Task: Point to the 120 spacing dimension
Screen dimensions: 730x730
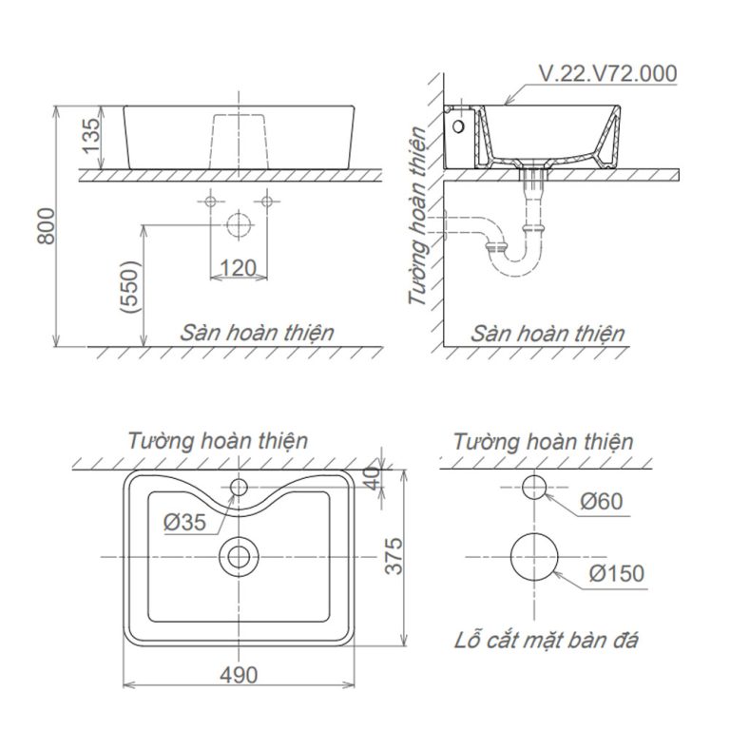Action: click(239, 269)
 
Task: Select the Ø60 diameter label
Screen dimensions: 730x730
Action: click(599, 500)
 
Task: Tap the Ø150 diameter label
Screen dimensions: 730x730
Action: click(615, 573)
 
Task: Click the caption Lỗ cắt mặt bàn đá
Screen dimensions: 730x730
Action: click(545, 639)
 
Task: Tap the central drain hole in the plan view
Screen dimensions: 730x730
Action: click(238, 556)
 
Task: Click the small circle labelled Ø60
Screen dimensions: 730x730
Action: click(535, 488)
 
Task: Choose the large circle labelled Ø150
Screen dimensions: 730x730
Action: click(535, 557)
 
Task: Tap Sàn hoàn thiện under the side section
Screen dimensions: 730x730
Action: click(547, 333)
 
